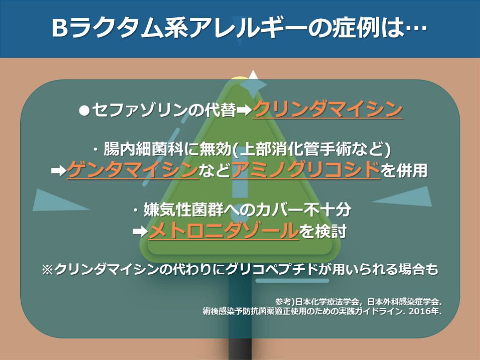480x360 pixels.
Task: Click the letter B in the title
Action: point(60,28)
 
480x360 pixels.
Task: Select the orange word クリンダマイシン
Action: point(328,109)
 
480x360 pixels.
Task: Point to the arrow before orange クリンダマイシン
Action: point(244,110)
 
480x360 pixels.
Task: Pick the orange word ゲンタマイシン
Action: point(133,170)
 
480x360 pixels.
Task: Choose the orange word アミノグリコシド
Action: point(306,170)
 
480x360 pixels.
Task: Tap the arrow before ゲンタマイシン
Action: point(59,171)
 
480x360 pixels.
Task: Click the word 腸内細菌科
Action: point(143,149)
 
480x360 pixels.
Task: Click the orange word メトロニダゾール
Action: point(224,230)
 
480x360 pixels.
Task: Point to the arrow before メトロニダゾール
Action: point(140,231)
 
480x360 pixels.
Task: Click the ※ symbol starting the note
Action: point(47,270)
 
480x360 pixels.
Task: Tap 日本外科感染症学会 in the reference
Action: point(404,302)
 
